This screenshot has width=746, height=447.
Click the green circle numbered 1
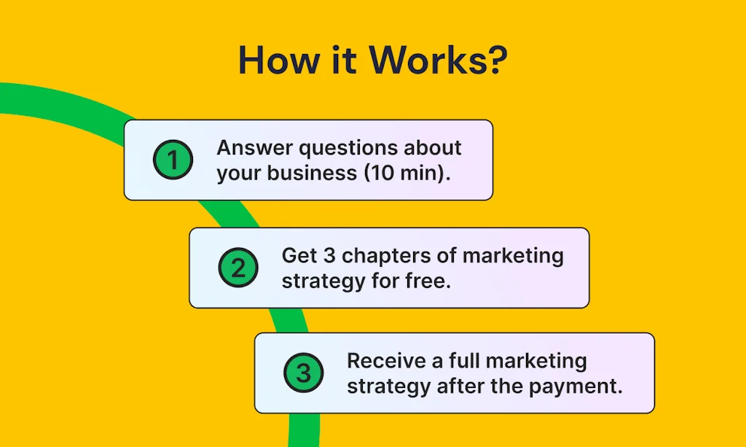pos(173,160)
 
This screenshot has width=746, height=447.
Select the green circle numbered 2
pos(238,268)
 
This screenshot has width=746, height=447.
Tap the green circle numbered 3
pos(303,374)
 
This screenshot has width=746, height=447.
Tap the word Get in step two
pos(299,256)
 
